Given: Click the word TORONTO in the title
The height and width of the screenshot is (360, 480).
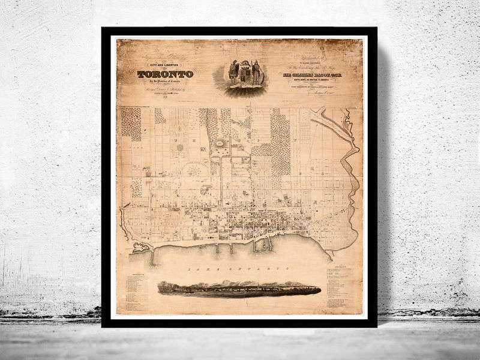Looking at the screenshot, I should point(165,74).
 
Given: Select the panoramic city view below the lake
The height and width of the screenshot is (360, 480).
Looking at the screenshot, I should point(239,289).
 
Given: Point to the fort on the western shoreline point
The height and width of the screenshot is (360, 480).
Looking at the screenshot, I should point(139,246).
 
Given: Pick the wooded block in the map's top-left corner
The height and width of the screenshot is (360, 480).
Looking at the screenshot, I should point(133,123).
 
